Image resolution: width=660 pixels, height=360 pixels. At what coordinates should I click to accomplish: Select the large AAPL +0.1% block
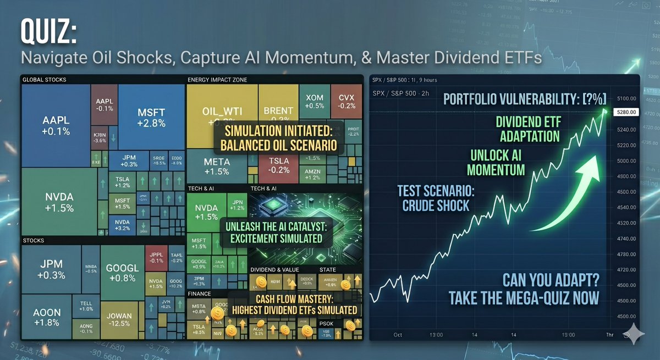(56, 125)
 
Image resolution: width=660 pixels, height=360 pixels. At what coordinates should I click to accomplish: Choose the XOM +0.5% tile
(315, 101)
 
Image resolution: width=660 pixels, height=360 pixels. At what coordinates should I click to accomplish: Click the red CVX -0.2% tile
(346, 101)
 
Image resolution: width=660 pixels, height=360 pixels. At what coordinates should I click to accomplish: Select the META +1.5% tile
(216, 166)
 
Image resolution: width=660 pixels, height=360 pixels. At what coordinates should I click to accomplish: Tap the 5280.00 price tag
(625, 112)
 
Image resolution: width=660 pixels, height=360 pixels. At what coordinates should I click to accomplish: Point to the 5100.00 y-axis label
(625, 98)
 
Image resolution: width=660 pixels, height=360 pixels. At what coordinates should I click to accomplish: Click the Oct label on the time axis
(398, 334)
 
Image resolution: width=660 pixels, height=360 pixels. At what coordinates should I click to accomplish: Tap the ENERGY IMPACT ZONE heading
(217, 80)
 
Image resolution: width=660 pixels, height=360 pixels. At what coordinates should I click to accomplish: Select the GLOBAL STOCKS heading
(44, 80)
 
